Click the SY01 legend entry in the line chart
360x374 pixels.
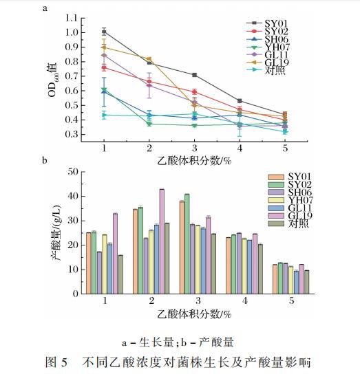point(267,23)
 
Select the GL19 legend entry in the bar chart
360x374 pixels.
point(290,216)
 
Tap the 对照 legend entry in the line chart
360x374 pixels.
point(266,70)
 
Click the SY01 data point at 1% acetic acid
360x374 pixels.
point(104,32)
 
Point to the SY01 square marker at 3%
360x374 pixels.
point(194,75)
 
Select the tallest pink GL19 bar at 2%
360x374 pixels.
point(162,241)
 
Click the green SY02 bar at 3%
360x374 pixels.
point(187,244)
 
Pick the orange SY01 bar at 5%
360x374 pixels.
point(275,279)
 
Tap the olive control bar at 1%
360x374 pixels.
point(120,274)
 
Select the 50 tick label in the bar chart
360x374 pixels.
point(73,171)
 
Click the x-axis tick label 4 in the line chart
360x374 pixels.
point(240,148)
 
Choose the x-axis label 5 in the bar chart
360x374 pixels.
point(291,300)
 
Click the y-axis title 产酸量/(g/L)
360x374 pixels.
point(56,232)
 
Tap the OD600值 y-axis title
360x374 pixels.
point(52,80)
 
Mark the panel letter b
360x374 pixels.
point(45,160)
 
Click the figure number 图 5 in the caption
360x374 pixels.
point(56,362)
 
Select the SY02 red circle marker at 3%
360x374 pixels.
point(194,91)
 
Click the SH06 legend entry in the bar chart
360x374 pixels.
point(290,192)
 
